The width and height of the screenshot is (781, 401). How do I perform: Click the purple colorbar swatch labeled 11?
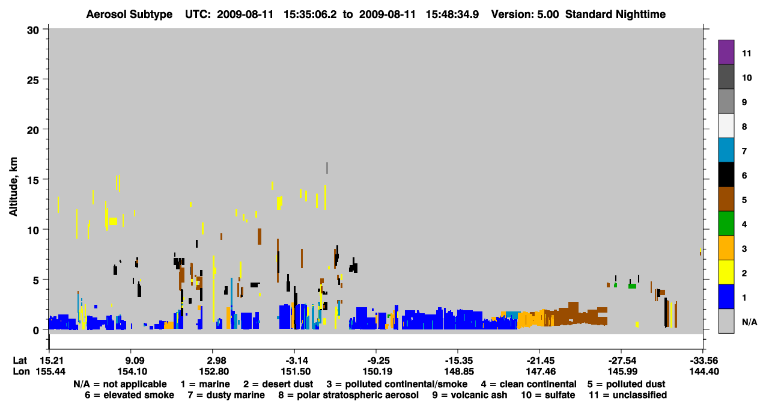(726, 52)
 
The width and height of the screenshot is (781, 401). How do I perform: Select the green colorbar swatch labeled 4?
(726, 224)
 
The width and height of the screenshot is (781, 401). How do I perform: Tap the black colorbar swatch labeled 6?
(726, 174)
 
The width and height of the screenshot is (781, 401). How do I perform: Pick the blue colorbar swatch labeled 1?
(726, 296)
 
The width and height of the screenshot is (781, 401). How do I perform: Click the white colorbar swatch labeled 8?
(726, 126)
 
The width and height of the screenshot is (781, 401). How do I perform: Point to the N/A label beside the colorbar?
(749, 322)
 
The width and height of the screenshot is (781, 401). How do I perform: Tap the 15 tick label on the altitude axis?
(33, 180)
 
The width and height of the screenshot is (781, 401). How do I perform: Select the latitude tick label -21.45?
(540, 361)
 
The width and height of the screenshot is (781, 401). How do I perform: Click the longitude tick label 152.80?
(214, 372)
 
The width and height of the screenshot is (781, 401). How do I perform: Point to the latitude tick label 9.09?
(132, 361)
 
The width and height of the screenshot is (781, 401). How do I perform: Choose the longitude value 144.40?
(704, 372)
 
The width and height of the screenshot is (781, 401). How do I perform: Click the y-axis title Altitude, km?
(13, 187)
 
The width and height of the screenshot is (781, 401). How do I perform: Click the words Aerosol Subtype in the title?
(129, 14)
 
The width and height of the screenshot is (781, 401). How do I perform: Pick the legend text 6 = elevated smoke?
(129, 395)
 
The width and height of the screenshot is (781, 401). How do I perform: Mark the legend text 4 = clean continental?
(529, 384)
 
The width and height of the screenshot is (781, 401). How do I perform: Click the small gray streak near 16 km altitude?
(327, 168)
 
